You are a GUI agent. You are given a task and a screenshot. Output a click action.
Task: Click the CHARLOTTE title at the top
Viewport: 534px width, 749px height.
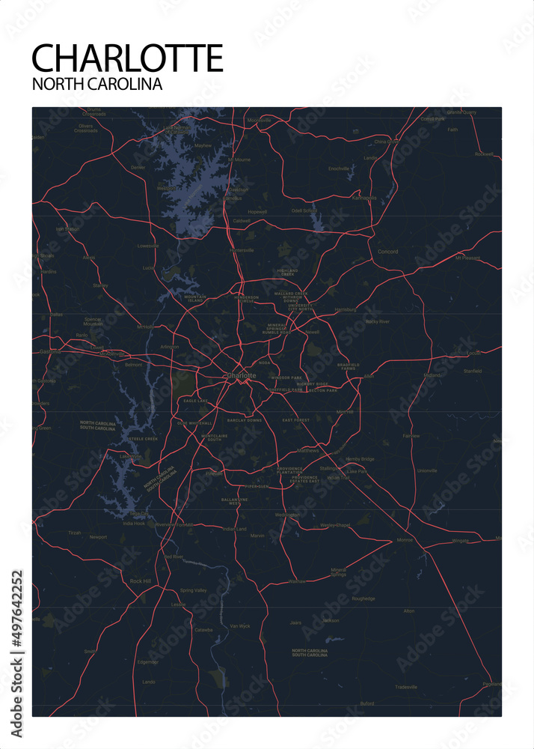click(x=128, y=58)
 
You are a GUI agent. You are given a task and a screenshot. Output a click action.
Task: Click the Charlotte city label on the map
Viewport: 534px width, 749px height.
click(x=241, y=374)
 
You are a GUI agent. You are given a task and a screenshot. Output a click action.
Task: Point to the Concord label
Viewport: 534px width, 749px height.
click(x=387, y=252)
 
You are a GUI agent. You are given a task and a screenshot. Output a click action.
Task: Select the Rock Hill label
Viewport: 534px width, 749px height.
click(x=141, y=581)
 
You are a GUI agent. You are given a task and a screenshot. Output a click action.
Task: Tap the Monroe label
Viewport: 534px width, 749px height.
click(x=405, y=540)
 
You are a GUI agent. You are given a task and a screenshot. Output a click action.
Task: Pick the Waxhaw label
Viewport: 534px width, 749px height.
click(x=297, y=581)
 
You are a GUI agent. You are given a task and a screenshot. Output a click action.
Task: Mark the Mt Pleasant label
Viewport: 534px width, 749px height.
click(x=469, y=258)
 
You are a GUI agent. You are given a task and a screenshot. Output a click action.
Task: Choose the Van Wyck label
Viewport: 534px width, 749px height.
click(x=239, y=625)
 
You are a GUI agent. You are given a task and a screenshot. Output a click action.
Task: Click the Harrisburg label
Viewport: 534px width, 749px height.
click(x=346, y=309)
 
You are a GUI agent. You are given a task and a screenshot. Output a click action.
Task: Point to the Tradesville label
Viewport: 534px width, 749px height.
click(x=406, y=687)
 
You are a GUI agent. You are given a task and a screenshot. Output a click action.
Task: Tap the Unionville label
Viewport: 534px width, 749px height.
click(x=427, y=470)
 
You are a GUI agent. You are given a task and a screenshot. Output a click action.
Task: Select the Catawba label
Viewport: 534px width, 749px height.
click(x=203, y=630)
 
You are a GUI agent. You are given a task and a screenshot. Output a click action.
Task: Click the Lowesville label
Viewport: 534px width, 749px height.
click(x=148, y=246)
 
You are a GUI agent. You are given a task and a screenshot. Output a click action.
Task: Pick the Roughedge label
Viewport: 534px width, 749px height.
click(x=363, y=598)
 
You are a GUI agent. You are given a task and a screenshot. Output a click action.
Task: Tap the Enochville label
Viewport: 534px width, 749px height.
click(x=339, y=169)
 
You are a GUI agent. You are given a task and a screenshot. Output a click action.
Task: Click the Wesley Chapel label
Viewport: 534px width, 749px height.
click(x=336, y=525)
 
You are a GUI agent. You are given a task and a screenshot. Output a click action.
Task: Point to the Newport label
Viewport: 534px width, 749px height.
click(x=98, y=537)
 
